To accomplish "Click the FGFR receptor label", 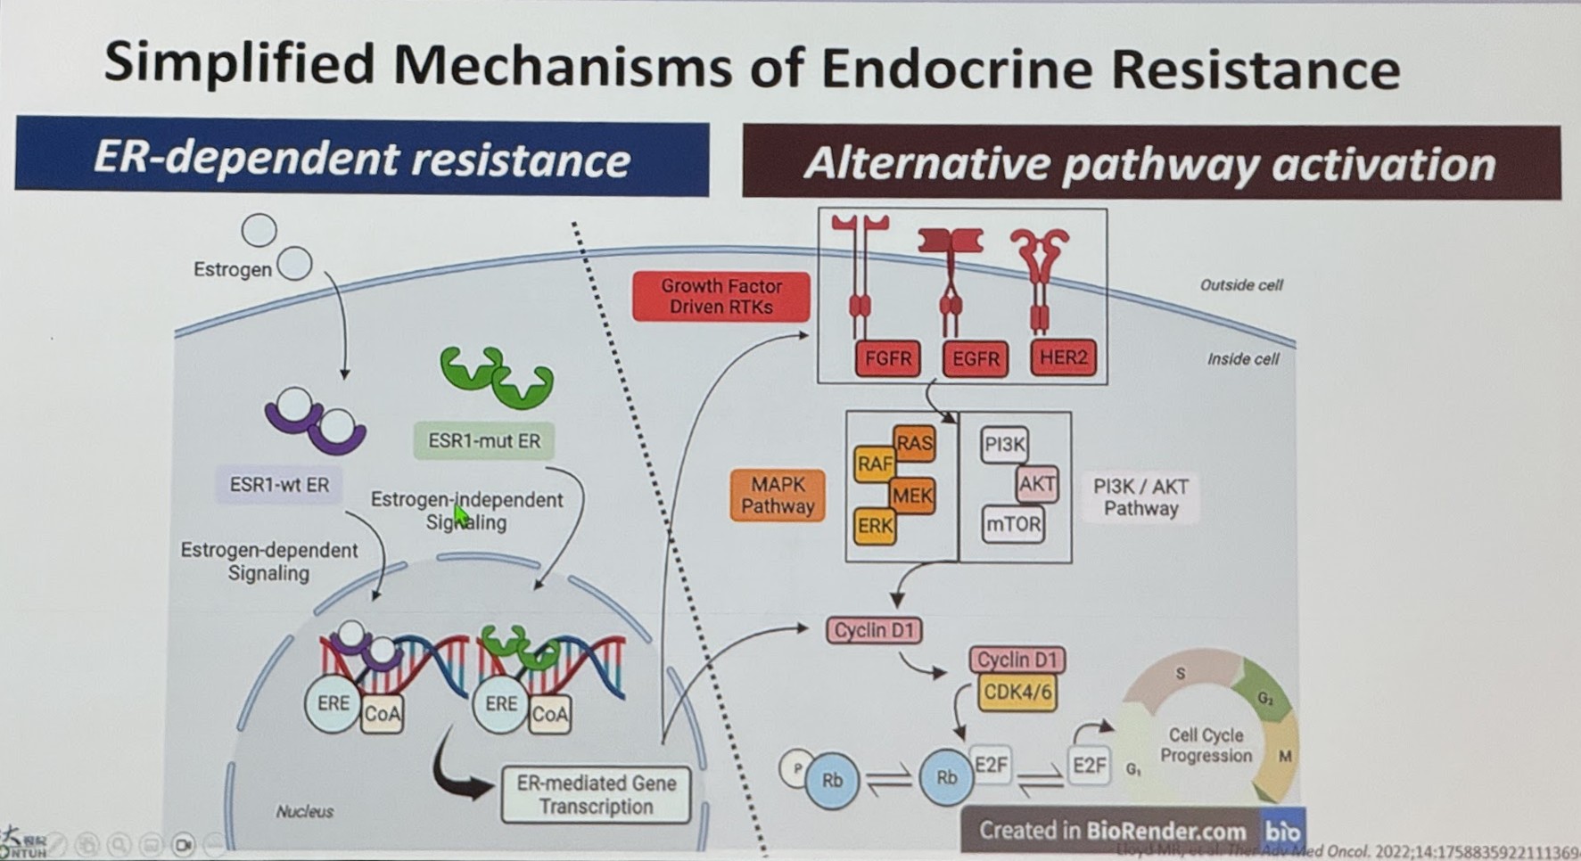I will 888,358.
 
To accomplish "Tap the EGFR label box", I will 975,358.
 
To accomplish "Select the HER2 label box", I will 1063,357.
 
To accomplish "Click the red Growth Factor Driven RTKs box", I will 721,297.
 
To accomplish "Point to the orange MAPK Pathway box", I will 778,496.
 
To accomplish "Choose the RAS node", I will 914,443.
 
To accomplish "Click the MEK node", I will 911,496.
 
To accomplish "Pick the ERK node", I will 874,526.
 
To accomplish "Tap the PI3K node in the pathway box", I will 1005,444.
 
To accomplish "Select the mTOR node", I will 1013,524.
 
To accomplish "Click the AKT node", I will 1036,484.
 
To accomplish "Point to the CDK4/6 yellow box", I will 1017,693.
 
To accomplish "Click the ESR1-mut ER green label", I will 484,440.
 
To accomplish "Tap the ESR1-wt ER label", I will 279,485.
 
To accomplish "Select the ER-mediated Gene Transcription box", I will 596,794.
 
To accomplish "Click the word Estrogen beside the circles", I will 232,269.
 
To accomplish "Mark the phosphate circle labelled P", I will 796,767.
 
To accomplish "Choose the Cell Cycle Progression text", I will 1206,745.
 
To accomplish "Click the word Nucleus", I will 304,811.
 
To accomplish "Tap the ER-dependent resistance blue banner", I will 361,158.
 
